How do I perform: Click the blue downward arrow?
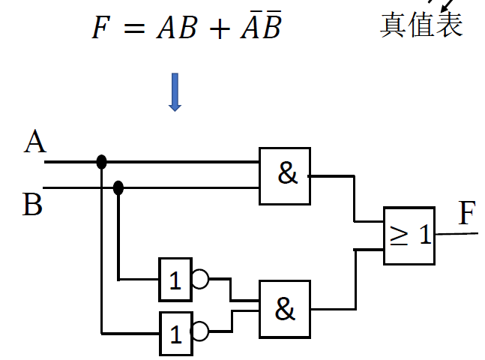[175, 91]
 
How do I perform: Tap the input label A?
[34, 142]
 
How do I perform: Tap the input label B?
[32, 204]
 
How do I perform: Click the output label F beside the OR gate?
[467, 214]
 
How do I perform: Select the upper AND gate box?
[285, 175]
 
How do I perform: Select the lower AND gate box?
[285, 309]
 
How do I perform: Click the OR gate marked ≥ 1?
[409, 235]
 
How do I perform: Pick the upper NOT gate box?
[175, 280]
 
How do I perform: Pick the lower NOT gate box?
[175, 333]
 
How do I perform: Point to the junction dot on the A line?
[101, 161]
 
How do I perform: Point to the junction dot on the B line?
[118, 187]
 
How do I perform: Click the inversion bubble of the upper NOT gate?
[200, 280]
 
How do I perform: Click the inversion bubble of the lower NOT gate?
[200, 331]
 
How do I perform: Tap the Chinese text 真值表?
[421, 25]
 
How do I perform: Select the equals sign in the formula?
[132, 29]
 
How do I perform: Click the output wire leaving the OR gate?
[457, 233]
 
